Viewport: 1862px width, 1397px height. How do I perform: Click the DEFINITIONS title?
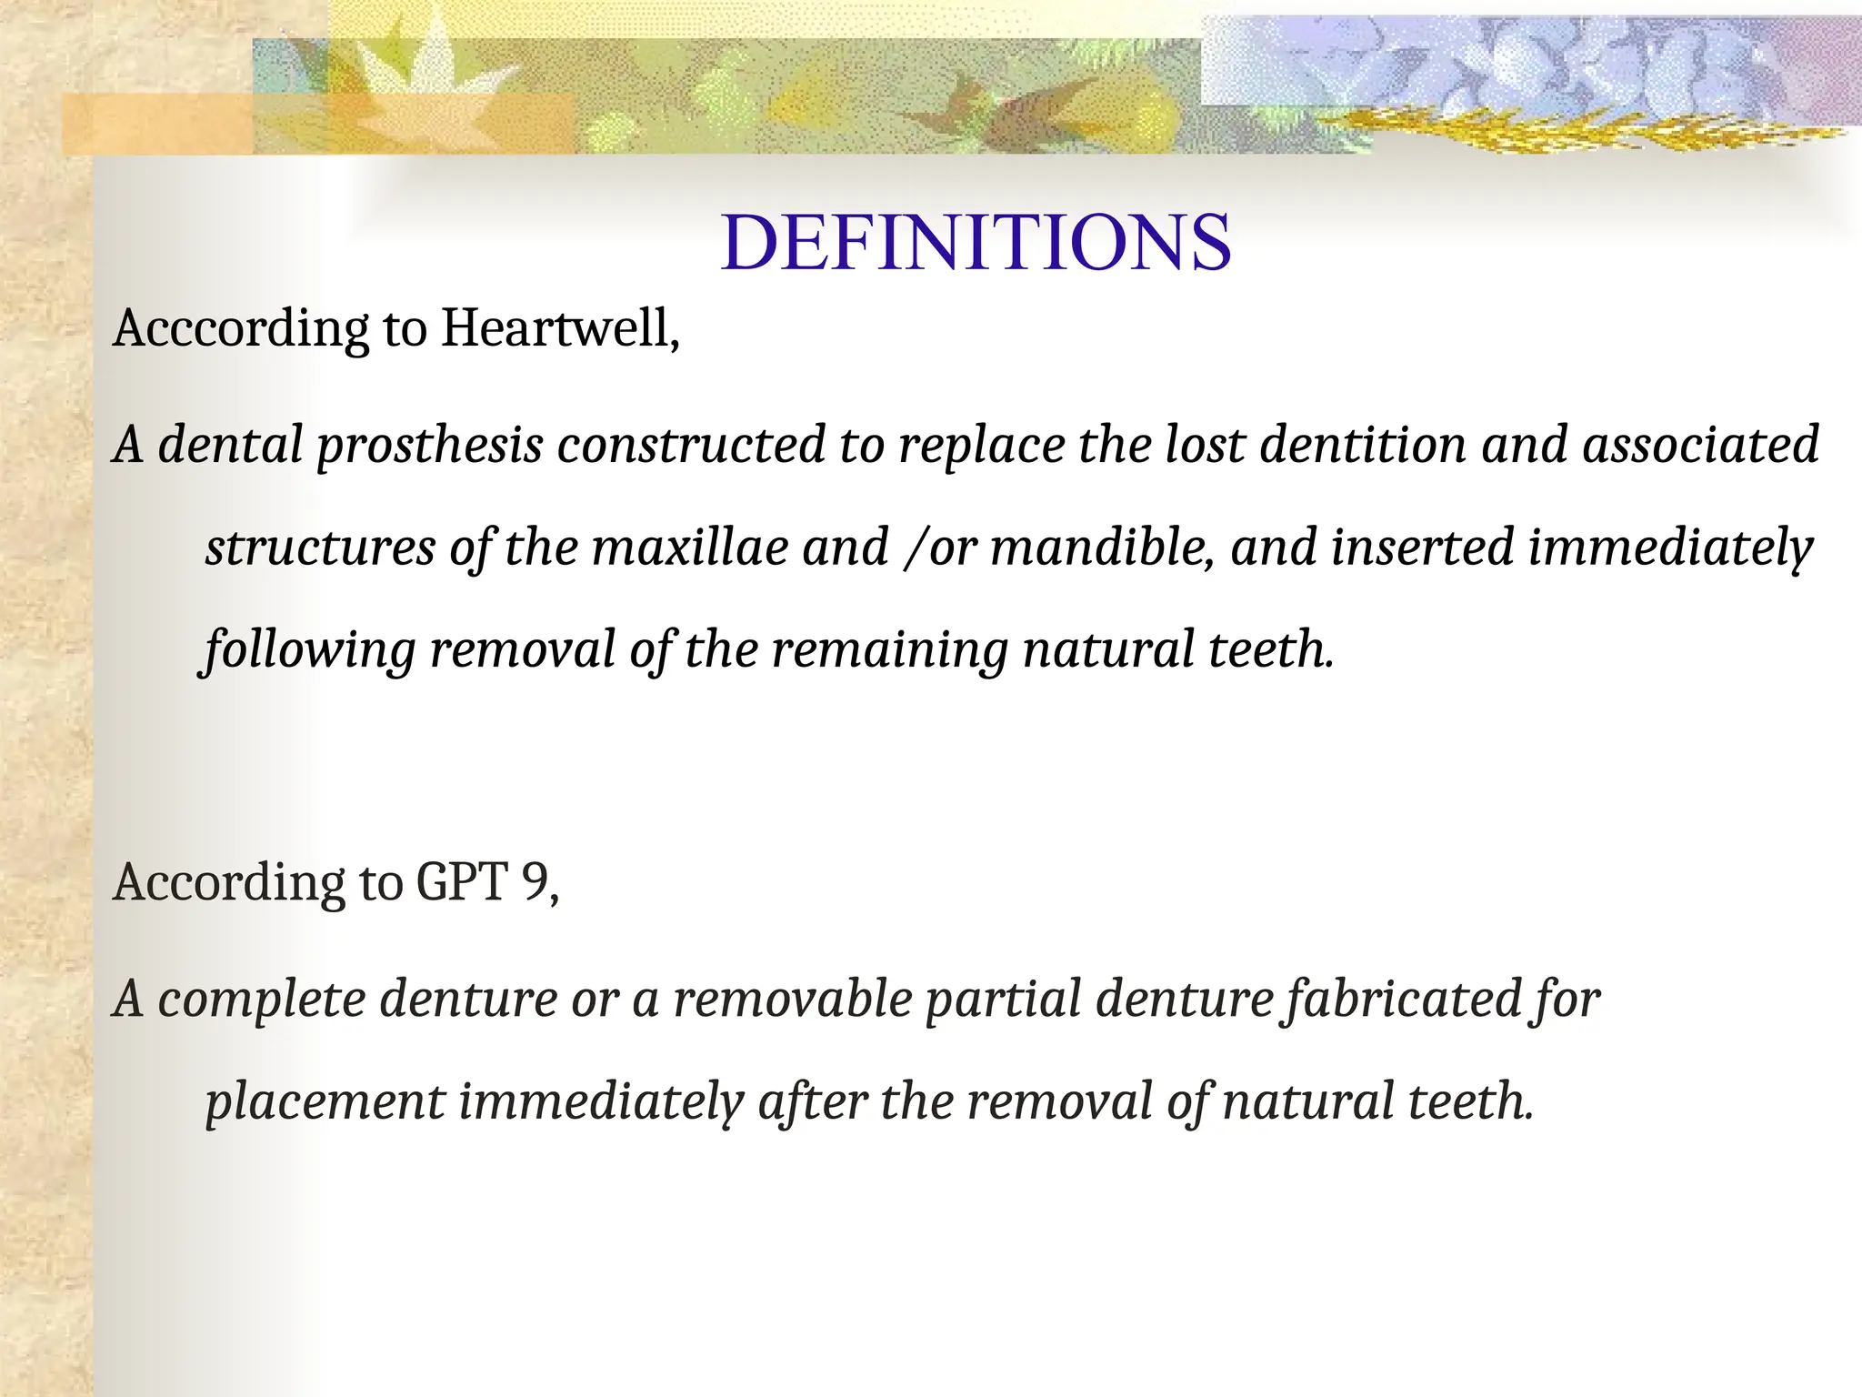976,243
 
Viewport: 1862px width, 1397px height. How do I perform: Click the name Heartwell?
560,328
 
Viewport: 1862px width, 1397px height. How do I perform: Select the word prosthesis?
429,446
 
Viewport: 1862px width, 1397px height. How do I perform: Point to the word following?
309,650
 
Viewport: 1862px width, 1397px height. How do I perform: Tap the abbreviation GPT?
462,882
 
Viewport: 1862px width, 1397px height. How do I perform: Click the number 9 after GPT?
536,882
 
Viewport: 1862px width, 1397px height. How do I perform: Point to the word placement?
325,1101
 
